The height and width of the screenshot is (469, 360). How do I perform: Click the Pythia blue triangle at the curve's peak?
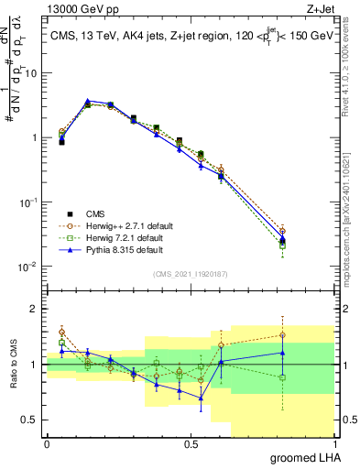click(x=88, y=101)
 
